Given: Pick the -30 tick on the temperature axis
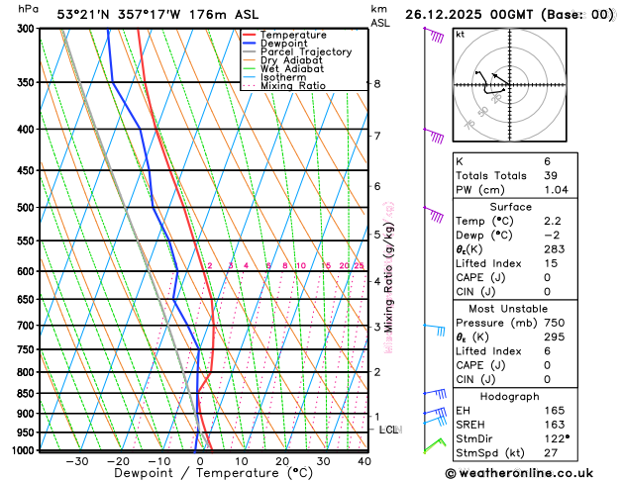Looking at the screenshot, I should (76, 461).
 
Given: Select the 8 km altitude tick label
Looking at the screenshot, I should (377, 84).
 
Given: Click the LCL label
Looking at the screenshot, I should (388, 430).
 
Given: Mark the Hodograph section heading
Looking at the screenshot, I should (533, 394).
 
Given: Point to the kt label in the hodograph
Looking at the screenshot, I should (460, 34).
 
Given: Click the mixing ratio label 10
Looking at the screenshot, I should (300, 266).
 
